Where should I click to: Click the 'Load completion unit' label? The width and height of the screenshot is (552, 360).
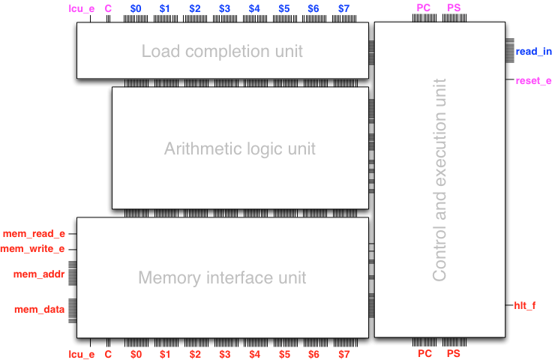222,52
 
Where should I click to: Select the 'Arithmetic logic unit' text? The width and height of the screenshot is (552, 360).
240,148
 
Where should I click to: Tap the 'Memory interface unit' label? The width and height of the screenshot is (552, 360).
222,277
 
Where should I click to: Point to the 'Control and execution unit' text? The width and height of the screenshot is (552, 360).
439,180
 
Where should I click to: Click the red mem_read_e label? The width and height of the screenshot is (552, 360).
34,234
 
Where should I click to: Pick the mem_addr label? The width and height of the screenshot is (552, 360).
40,274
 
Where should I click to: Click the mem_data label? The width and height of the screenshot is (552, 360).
40,309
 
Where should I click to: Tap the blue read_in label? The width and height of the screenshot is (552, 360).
533,52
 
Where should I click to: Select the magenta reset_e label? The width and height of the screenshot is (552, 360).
533,80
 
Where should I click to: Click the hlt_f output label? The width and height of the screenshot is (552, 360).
525,305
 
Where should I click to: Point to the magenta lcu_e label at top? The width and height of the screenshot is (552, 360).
81,8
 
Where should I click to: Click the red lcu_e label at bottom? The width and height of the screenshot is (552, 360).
81,354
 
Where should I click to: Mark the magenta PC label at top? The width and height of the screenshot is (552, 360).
424,8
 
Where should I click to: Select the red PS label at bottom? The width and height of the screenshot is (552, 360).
454,353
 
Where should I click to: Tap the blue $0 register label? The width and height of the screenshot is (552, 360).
136,8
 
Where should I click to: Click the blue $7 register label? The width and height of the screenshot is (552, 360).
343,8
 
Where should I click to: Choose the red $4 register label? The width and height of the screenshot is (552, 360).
255,354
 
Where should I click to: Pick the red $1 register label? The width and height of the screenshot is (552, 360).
165,354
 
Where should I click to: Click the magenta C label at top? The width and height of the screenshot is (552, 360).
108,8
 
